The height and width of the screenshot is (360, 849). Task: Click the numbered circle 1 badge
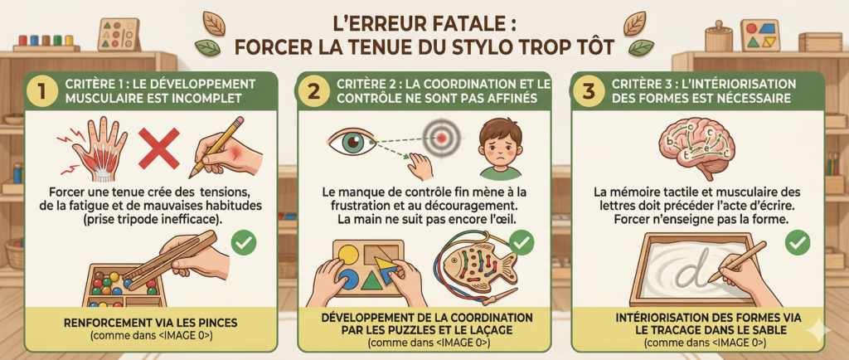tap(40, 91)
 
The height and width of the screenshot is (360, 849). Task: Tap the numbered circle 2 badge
tap(313, 91)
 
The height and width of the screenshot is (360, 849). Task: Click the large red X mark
tap(159, 148)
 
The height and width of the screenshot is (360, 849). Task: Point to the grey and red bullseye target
tap(442, 138)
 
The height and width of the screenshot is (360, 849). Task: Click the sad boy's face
tap(501, 146)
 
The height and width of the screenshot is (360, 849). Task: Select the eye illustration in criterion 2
tap(351, 143)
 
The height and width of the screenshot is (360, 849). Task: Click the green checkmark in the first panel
tap(245, 244)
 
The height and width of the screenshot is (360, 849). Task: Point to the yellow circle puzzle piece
tap(349, 255)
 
